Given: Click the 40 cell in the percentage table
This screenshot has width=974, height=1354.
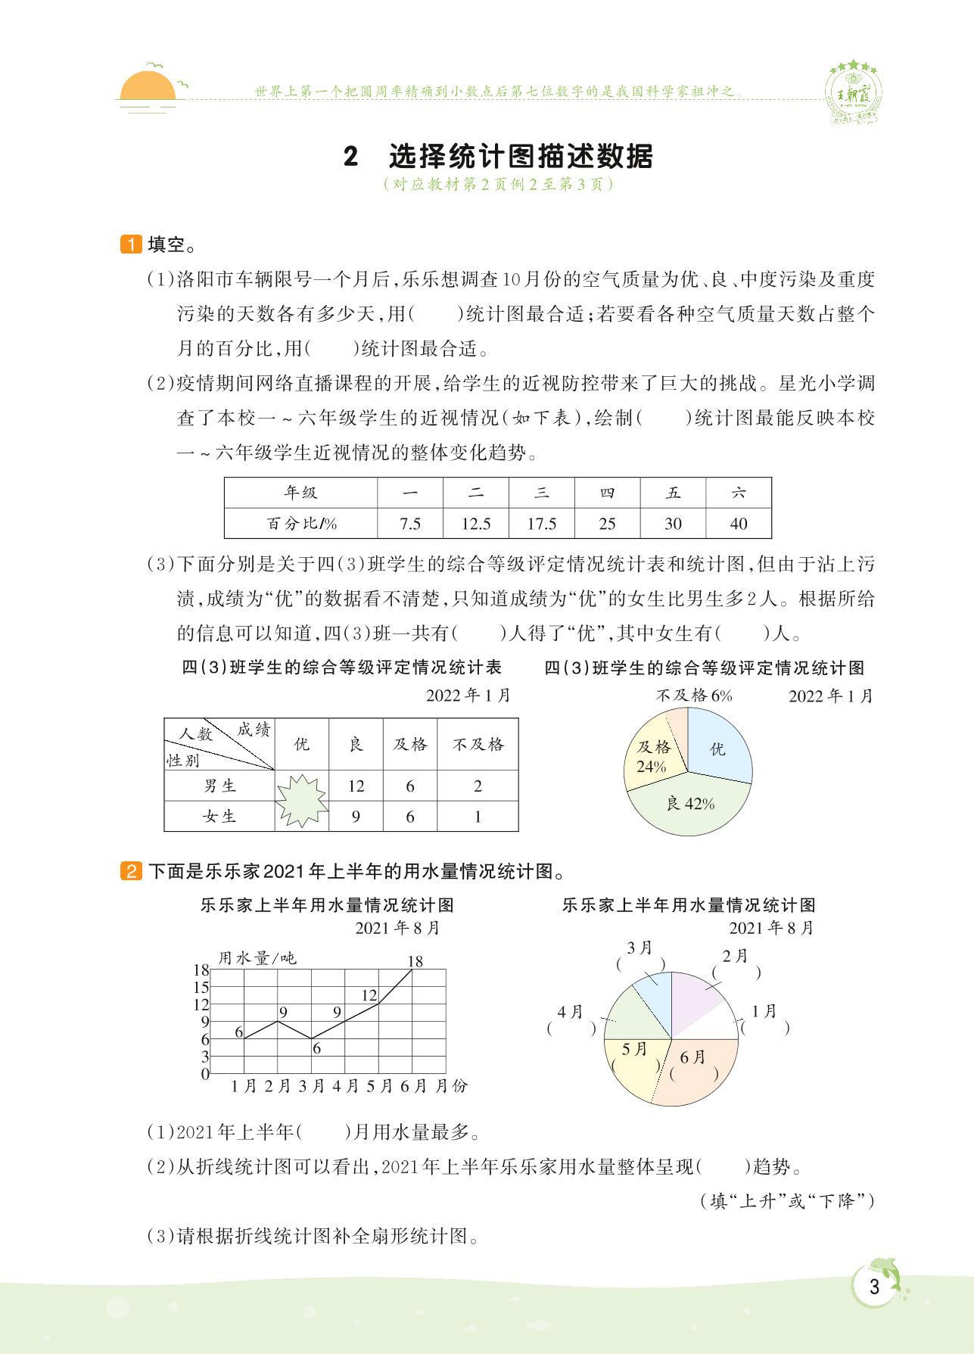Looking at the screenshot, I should (739, 524).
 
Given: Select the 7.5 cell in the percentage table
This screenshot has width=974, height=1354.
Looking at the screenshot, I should (410, 524).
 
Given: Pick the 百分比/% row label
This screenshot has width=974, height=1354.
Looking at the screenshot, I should (301, 524).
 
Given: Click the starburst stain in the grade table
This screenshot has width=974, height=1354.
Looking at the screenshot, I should (301, 802).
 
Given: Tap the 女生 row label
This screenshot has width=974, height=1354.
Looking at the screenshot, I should (219, 817).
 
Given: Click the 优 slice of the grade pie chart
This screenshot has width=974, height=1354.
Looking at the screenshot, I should (717, 749).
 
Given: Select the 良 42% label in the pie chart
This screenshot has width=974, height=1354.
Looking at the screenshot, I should (690, 804).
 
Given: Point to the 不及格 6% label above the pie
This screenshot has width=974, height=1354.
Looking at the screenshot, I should (693, 695).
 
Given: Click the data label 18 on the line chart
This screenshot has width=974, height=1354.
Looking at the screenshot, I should (415, 962).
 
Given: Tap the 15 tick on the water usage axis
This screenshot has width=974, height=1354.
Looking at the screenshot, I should (201, 987).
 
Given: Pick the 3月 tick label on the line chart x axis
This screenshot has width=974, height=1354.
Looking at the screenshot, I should (312, 1086).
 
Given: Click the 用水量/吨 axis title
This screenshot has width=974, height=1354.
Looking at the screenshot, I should (257, 958).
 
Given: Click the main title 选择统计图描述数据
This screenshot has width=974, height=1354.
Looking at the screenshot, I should (520, 157).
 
